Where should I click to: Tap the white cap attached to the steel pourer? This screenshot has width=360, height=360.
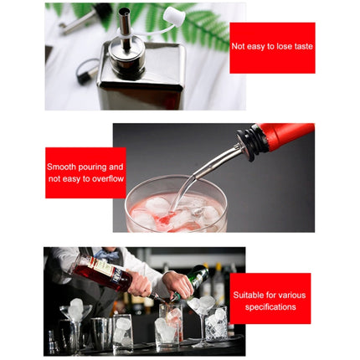174,14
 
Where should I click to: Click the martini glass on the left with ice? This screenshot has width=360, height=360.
75,314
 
